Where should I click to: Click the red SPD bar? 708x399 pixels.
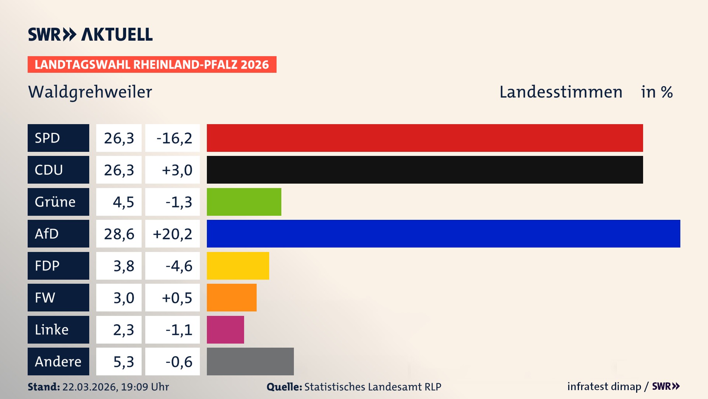click(x=425, y=138)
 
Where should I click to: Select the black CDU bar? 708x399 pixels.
click(x=425, y=170)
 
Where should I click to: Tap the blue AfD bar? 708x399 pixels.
click(x=443, y=233)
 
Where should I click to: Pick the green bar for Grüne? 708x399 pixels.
click(x=244, y=202)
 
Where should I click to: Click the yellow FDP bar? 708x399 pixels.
click(x=238, y=266)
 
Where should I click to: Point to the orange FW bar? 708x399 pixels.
click(x=232, y=297)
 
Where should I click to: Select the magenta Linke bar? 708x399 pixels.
click(x=225, y=330)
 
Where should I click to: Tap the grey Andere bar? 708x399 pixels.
click(x=250, y=361)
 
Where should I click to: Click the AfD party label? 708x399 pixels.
click(x=58, y=233)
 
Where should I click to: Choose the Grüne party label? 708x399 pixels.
click(x=58, y=202)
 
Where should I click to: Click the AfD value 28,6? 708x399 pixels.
click(x=119, y=234)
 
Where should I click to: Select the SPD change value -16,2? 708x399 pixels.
click(x=173, y=138)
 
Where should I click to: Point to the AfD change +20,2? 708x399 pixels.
click(x=173, y=234)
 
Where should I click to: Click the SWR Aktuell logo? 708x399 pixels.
click(x=90, y=34)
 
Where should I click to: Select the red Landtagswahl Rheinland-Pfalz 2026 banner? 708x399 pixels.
click(x=152, y=65)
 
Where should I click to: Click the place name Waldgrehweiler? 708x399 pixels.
click(x=90, y=92)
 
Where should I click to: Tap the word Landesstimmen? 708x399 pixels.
click(x=560, y=92)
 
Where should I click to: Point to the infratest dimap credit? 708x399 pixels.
click(x=604, y=386)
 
